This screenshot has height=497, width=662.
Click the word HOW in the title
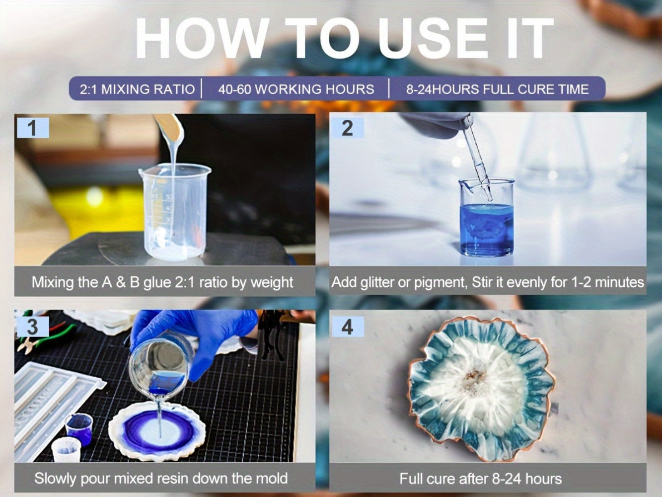pos(202,38)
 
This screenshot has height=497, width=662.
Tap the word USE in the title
pos(434,38)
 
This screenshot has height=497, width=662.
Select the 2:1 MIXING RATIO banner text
pos(137,89)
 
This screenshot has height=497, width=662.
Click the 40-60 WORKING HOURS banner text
pos(296,89)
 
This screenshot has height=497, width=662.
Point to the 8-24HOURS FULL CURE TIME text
pos(497,89)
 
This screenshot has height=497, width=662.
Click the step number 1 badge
pos(33,128)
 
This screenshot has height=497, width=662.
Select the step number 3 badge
pos(33,327)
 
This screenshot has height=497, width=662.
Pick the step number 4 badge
pos(348,327)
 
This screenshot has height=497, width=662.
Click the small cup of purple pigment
pos(79,429)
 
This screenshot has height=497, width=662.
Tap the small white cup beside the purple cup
pos(66,450)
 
